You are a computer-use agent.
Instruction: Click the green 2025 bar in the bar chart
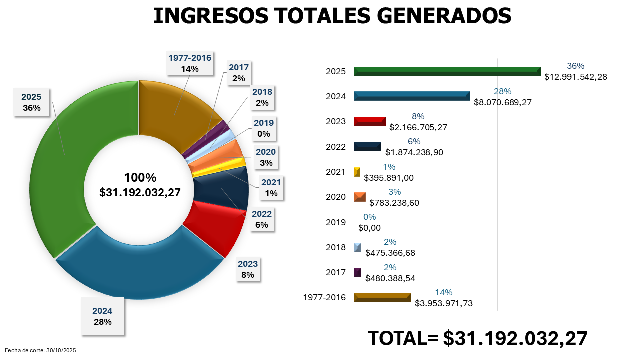(447, 71)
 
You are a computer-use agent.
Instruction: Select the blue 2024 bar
(412, 96)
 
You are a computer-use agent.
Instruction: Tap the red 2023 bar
(370, 121)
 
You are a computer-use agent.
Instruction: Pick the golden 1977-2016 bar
(382, 297)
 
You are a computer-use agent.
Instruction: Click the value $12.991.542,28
(575, 77)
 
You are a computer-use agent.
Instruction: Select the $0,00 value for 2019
(370, 228)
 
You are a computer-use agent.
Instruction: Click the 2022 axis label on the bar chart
(335, 147)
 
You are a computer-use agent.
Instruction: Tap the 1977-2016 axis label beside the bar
(325, 297)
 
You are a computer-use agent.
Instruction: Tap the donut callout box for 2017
(239, 73)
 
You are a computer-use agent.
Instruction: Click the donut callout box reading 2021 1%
(270, 188)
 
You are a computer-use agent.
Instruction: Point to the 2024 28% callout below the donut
(102, 316)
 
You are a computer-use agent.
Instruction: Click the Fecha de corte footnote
(40, 351)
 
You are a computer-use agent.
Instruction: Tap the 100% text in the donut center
(140, 178)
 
